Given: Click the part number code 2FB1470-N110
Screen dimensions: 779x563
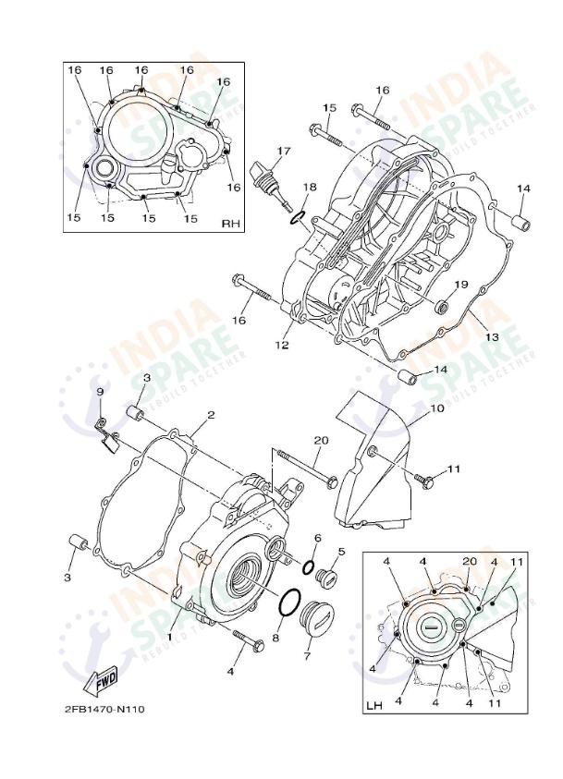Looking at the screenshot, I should click(x=104, y=709).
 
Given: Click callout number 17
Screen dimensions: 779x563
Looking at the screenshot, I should click(x=283, y=151).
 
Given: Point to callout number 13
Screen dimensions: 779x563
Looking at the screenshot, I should click(x=492, y=337).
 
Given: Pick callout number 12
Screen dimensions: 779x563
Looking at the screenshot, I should click(x=281, y=345).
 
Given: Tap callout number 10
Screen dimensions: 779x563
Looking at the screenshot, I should click(x=437, y=408).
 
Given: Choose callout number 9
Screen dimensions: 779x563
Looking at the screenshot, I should click(x=100, y=392).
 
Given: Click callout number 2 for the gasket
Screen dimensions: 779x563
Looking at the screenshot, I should click(x=211, y=415).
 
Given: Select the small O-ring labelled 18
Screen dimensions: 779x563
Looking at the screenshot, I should click(x=298, y=217).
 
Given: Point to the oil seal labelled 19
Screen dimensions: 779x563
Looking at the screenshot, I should click(x=443, y=305).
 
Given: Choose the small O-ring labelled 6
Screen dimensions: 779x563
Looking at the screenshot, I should click(x=310, y=568).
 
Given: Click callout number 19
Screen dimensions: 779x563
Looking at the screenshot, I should click(x=460, y=285).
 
